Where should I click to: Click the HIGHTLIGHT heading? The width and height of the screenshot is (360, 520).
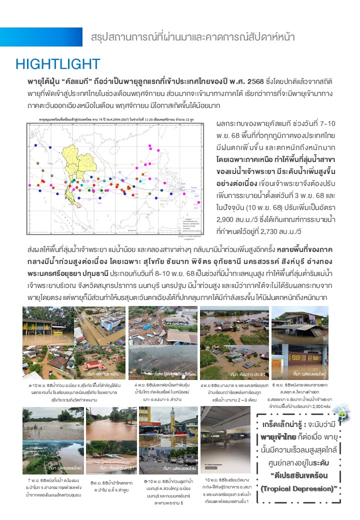tap(58, 64)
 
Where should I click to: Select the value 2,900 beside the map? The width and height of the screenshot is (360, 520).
tap(227, 219)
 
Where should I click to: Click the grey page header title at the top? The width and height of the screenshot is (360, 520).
tap(193, 37)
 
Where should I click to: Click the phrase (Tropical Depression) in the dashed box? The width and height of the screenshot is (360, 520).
tap(299, 488)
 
